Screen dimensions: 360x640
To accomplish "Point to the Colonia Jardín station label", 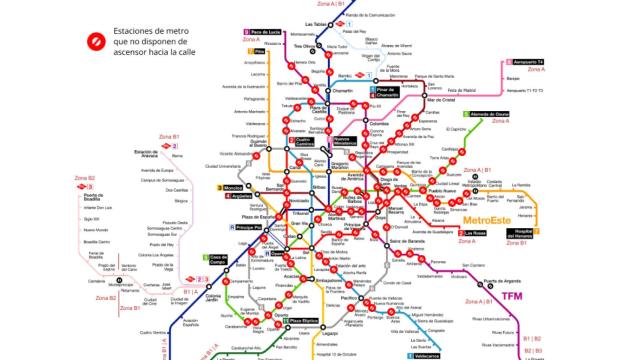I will click(x=212, y=297).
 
